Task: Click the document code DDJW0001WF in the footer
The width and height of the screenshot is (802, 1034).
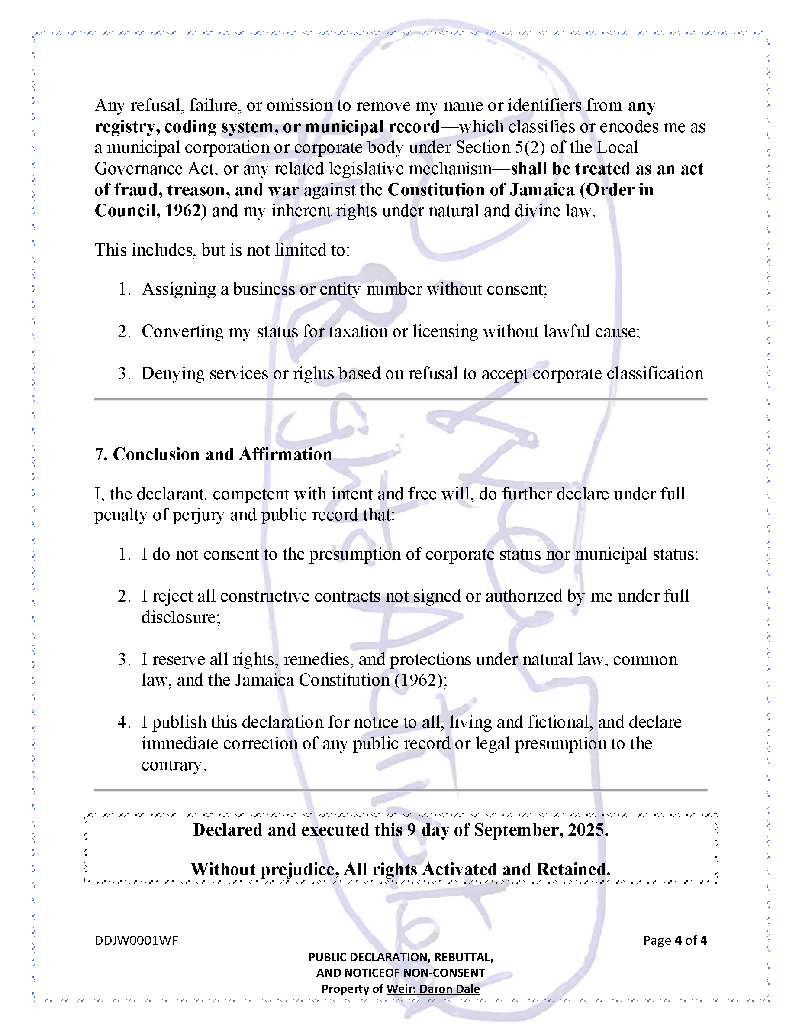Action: pyautogui.click(x=136, y=940)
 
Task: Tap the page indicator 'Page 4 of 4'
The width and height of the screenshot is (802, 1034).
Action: pyautogui.click(x=675, y=940)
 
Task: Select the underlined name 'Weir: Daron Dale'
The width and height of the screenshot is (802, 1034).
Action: pyautogui.click(x=433, y=989)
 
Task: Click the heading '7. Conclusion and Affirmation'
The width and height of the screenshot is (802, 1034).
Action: pyautogui.click(x=213, y=454)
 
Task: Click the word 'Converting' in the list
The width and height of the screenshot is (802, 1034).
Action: pyautogui.click(x=182, y=331)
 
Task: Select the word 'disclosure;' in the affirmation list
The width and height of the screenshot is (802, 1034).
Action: pyautogui.click(x=181, y=617)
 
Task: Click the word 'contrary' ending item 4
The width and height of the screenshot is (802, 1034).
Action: pyautogui.click(x=172, y=765)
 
